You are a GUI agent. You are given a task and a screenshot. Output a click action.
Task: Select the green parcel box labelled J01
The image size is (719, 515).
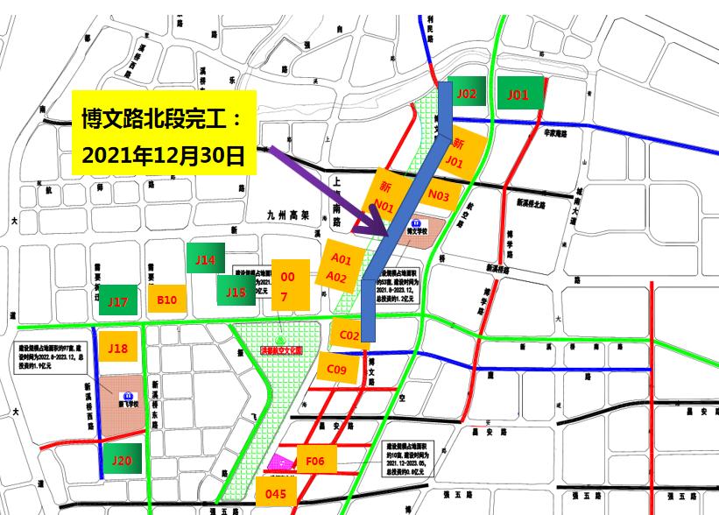pyautogui.click(x=519, y=94)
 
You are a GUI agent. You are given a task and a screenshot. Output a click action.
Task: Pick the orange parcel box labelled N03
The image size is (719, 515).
pyautogui.click(x=439, y=197)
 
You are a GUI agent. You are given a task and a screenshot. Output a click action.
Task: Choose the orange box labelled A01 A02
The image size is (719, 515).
pyautogui.click(x=341, y=268)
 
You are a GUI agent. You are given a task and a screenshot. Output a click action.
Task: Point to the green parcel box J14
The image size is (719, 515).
pyautogui.click(x=206, y=260)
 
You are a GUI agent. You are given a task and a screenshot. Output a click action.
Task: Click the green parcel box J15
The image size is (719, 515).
pyautogui.click(x=236, y=292)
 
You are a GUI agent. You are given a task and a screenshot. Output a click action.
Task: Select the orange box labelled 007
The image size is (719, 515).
pyautogui.click(x=288, y=286)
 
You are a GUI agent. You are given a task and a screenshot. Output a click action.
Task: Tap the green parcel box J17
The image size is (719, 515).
pyautogui.click(x=118, y=301)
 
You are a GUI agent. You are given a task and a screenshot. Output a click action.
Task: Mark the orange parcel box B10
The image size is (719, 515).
pyautogui.click(x=167, y=300)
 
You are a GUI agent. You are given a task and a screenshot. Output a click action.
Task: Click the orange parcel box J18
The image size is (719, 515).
pyautogui.click(x=118, y=349)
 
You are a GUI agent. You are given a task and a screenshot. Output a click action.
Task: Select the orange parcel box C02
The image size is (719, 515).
pyautogui.click(x=349, y=335)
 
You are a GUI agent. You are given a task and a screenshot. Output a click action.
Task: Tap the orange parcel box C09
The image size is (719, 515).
pyautogui.click(x=337, y=370)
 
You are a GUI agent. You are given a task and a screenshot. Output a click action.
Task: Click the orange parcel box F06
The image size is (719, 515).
pyautogui.click(x=315, y=460)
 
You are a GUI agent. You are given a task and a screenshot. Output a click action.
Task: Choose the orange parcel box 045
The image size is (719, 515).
pyautogui.click(x=276, y=494)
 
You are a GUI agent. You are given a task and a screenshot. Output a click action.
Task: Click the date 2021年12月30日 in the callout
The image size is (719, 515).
pyautogui.click(x=163, y=156)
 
